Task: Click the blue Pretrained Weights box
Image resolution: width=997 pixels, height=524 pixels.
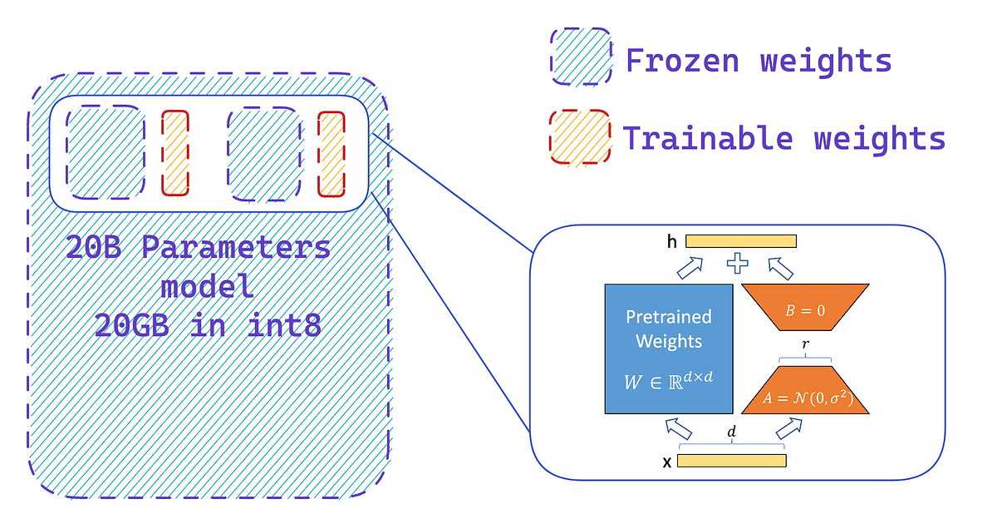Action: [669, 349]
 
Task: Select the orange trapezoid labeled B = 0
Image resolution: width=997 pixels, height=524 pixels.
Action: [804, 309]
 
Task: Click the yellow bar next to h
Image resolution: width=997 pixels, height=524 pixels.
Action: [741, 241]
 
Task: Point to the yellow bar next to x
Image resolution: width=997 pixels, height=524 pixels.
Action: [731, 461]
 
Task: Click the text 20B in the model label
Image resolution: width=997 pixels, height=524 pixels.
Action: [96, 248]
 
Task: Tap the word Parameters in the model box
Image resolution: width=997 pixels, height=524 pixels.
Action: [234, 248]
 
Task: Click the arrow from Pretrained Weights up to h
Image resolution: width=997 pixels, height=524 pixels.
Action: [691, 267]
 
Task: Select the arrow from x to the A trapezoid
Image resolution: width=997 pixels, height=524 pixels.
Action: [789, 428]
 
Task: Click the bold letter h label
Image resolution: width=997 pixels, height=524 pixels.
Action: [671, 242]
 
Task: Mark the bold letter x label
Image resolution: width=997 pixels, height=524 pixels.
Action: [666, 462]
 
